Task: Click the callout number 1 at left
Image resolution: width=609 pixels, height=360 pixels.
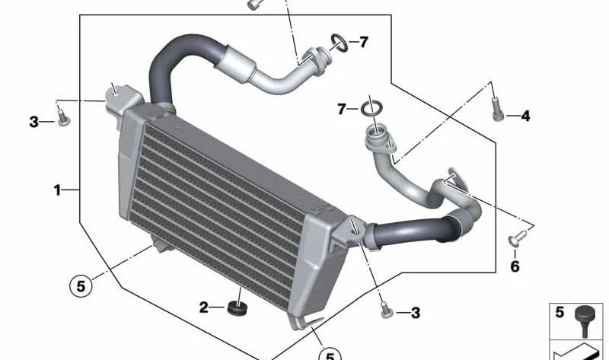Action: point(58,190)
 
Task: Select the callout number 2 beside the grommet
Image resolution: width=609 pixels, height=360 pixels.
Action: point(204,307)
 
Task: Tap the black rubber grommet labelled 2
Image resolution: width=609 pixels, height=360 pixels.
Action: point(238,308)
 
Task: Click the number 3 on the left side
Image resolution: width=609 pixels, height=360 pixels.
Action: point(33,122)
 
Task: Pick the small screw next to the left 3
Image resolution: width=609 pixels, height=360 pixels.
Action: point(63,118)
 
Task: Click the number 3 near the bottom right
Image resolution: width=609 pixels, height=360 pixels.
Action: point(416,313)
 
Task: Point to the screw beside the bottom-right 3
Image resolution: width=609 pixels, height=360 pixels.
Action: point(387,310)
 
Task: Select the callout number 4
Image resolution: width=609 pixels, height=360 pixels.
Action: point(525,116)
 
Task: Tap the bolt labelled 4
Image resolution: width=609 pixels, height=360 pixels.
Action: point(498,110)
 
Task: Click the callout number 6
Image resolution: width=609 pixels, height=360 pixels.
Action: point(515,266)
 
